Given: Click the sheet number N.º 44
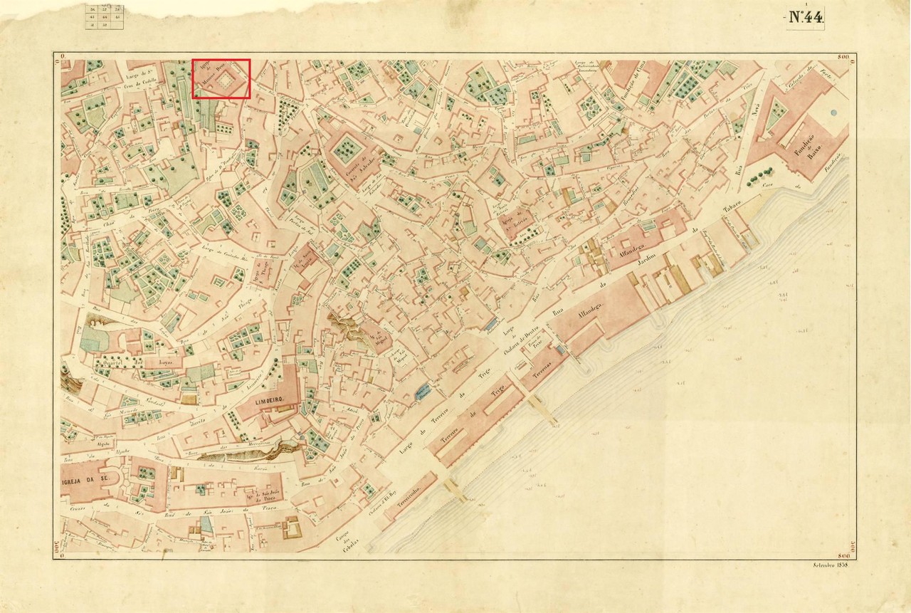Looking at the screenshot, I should tap(805, 18).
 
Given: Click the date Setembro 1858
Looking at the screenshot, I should tap(831, 565).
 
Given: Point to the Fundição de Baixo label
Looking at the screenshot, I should tap(813, 151).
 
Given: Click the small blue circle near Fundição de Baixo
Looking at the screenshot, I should tap(832, 112).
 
